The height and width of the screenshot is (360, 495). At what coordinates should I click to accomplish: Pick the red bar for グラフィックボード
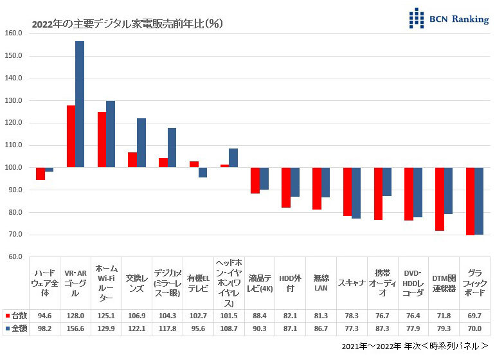coord(470,201)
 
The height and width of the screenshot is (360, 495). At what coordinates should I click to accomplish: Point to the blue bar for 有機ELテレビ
coord(203,172)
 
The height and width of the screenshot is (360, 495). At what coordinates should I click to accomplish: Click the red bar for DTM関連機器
coord(439,199)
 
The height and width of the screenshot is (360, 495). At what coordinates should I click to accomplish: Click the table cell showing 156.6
coord(75,328)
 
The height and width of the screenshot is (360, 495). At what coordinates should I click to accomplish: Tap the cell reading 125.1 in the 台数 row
coord(106,316)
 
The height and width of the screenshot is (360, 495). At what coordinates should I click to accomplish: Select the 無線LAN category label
coord(321,282)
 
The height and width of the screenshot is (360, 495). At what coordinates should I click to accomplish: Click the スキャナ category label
coord(352,282)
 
